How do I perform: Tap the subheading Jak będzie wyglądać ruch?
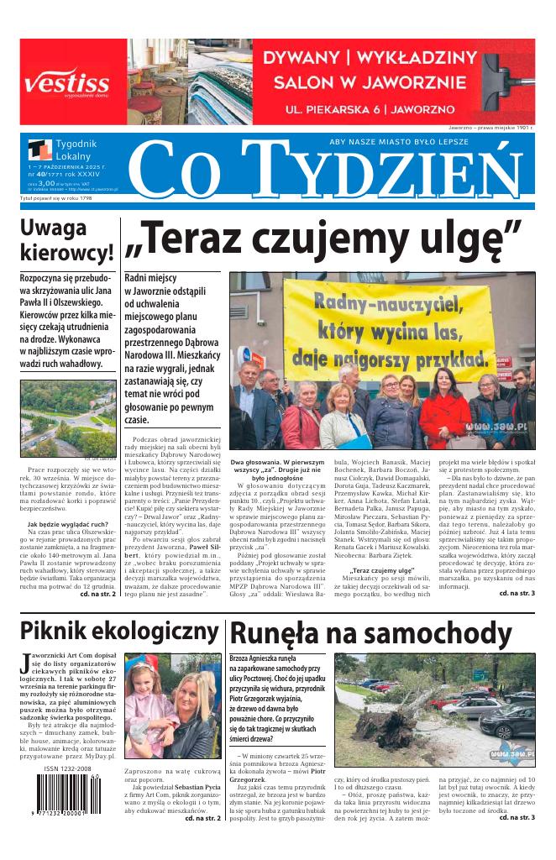pos(67,524)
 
